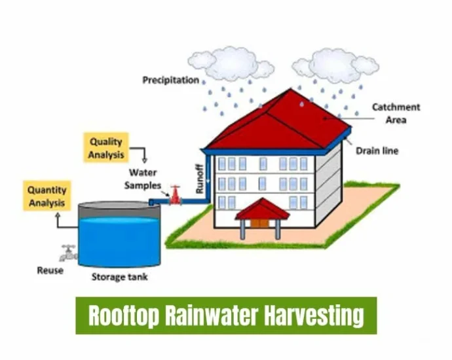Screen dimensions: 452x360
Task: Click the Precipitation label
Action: (x=171, y=80)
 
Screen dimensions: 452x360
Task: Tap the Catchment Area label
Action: (x=396, y=113)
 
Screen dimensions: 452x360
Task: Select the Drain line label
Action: (x=377, y=151)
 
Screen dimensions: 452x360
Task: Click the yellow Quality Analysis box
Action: (x=106, y=148)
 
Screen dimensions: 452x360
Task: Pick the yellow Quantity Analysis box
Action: (x=47, y=196)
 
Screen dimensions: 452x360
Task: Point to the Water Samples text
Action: (x=143, y=179)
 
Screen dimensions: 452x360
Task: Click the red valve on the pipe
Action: (x=175, y=195)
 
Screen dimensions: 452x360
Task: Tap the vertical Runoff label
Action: (x=200, y=179)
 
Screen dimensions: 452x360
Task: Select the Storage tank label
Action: (x=120, y=277)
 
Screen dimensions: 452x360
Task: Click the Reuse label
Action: (x=50, y=270)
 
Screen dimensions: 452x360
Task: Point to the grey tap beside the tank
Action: (x=69, y=253)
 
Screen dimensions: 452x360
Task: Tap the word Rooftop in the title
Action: (x=124, y=315)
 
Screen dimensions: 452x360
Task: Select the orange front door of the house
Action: (x=259, y=223)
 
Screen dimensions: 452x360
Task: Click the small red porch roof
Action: (x=262, y=209)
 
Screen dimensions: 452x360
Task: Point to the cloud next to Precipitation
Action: (x=231, y=63)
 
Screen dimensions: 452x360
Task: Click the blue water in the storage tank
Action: (x=119, y=242)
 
